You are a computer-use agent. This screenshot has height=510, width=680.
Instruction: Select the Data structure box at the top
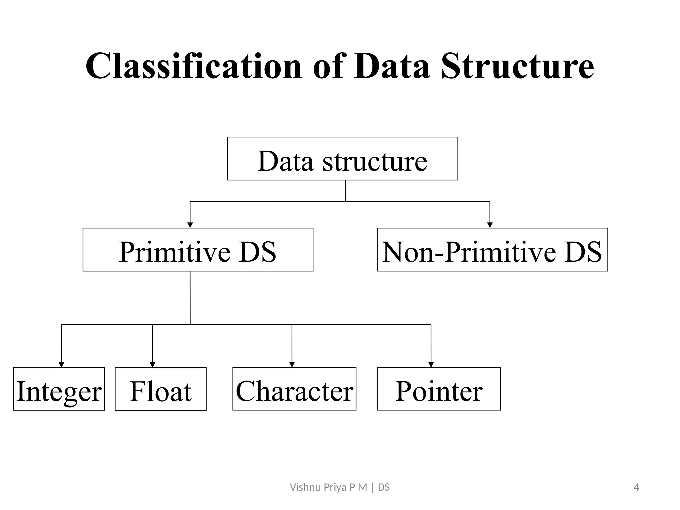coord(342,159)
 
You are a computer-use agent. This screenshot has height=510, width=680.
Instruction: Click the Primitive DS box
coord(198,250)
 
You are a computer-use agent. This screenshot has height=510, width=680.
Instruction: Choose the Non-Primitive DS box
coord(492,250)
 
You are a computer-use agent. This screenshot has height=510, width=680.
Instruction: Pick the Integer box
coord(59,389)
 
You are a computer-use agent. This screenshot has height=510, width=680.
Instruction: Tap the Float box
coord(160,389)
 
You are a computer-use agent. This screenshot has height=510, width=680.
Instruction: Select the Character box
coord(294,389)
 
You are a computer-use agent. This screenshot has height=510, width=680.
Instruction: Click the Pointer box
coord(439,389)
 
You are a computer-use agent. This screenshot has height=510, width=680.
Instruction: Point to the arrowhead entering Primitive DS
coord(190,225)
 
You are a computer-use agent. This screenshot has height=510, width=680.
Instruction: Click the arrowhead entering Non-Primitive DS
coord(490,225)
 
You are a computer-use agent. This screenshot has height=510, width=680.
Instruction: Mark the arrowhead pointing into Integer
coord(61,365)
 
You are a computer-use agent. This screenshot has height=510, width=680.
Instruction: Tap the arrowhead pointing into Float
coord(152,365)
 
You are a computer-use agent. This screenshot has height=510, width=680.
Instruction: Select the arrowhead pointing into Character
coord(292,365)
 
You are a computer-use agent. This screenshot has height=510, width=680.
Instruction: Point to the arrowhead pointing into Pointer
coord(431,365)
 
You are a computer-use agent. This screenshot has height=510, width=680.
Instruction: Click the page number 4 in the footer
coord(636,487)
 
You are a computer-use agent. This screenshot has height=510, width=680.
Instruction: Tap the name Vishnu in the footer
coord(301,487)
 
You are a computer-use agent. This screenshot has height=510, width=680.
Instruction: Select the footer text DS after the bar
coord(384,487)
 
